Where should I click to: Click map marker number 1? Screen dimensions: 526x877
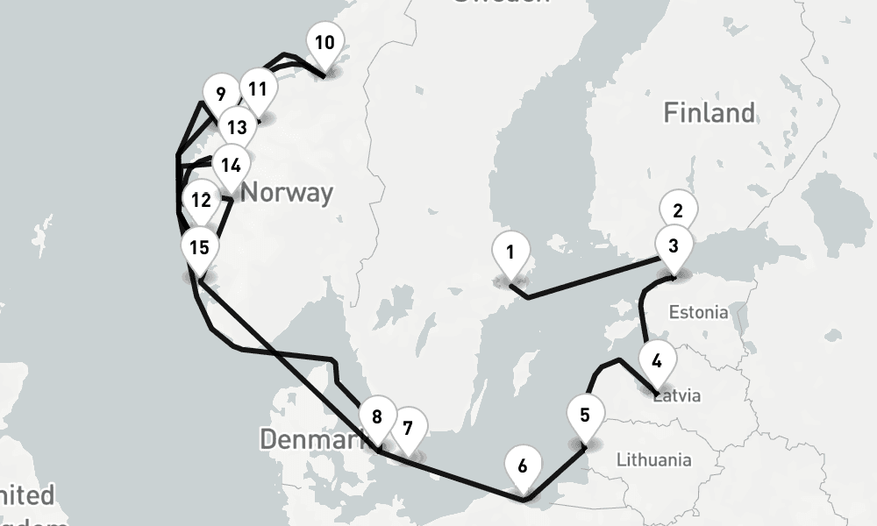pos(510,252)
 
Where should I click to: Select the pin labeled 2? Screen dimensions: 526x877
pos(678,210)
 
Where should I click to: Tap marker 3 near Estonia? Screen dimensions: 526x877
pos(673,245)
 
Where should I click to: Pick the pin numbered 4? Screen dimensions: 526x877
pos(658,359)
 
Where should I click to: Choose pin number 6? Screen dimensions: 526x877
pos(523,466)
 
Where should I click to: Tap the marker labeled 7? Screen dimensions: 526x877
pos(408,429)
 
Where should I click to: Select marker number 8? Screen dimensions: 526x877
pos(377,416)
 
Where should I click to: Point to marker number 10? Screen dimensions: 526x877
pos(324,43)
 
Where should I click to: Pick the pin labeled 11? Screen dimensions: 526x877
pos(257,89)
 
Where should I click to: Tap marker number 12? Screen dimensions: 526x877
pos(201,201)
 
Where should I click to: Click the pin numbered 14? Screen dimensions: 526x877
pos(231,165)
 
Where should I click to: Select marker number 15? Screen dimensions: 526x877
pos(199,247)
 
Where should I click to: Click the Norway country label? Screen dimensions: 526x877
pos(287,192)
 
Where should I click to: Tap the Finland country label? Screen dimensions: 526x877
pos(709,112)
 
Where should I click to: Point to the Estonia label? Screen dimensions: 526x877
pos(698,312)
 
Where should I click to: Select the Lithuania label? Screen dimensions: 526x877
pos(653,459)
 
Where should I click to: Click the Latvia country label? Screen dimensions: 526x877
pos(680,395)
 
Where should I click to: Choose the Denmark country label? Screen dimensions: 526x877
pos(311,439)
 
